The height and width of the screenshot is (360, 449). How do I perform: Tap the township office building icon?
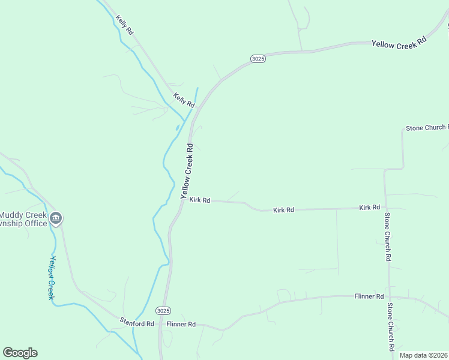point(56,218)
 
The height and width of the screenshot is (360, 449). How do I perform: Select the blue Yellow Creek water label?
point(52,278)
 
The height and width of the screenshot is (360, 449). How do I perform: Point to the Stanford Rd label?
point(137,323)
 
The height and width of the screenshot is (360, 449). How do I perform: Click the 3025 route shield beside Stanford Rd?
point(163,311)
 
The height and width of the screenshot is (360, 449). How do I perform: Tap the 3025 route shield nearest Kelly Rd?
point(258,58)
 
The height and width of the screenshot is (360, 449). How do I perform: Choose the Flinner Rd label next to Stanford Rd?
point(181,324)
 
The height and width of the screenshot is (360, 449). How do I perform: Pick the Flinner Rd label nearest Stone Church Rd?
point(369,296)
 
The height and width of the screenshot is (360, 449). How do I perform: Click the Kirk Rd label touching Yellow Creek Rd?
point(199,200)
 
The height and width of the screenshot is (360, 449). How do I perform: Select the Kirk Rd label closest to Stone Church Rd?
point(370,207)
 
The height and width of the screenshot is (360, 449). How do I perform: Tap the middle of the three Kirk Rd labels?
point(283,210)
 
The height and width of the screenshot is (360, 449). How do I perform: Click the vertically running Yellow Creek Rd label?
point(187,171)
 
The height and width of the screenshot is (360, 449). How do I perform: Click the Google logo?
point(20,353)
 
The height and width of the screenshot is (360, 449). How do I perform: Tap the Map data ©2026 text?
point(424,355)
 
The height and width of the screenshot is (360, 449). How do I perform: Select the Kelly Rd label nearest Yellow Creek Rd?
point(184,100)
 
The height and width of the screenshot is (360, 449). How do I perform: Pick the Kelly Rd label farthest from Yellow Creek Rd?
point(125,25)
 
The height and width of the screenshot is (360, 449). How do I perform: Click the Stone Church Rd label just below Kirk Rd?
point(388,237)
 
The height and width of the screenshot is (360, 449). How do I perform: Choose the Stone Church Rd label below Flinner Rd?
point(390,327)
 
